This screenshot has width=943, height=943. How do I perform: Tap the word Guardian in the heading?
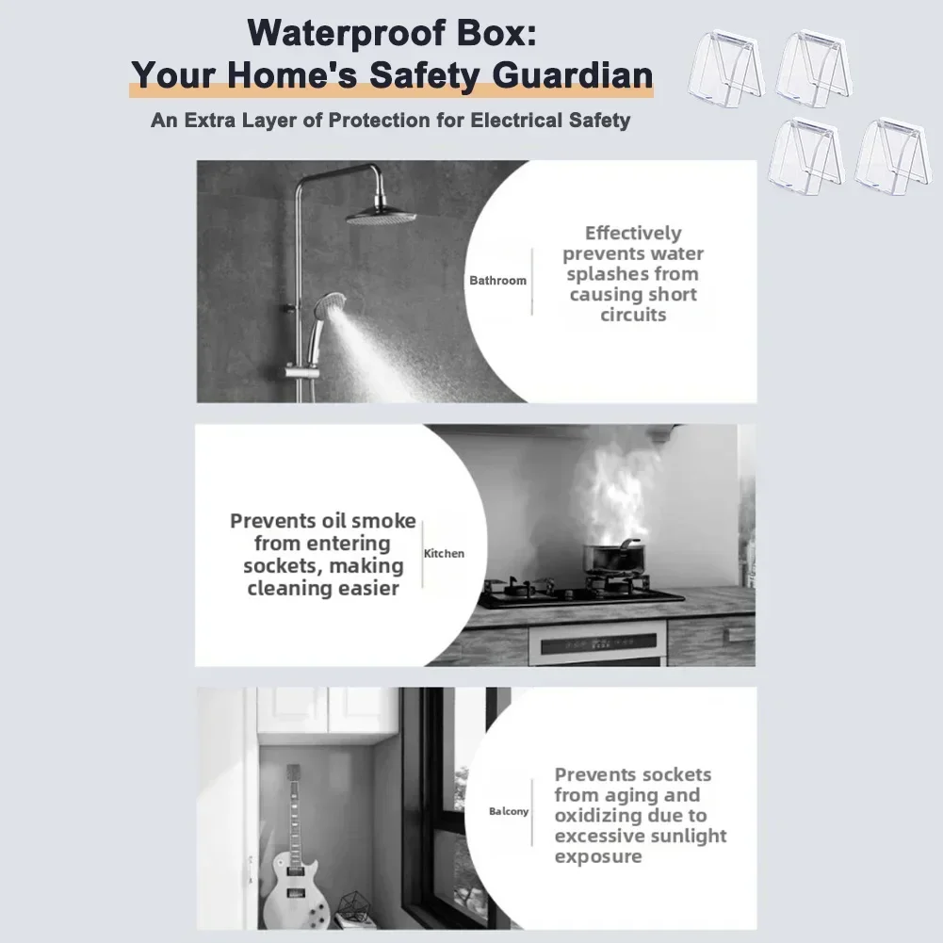pos(573,75)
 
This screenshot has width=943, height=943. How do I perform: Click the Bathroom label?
pos(498,280)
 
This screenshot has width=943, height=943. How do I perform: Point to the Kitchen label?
pos(444,553)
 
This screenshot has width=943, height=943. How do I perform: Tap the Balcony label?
pos(509,811)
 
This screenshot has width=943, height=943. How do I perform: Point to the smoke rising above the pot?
pos(610,493)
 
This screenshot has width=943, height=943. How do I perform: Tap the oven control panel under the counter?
pos(598,644)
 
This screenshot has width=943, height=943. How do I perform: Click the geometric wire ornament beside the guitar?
pos(355,907)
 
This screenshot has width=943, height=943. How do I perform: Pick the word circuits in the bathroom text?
pos(633,315)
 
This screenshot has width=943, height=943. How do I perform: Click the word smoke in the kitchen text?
pos(383,521)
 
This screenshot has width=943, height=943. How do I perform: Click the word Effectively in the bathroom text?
pos(633,234)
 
